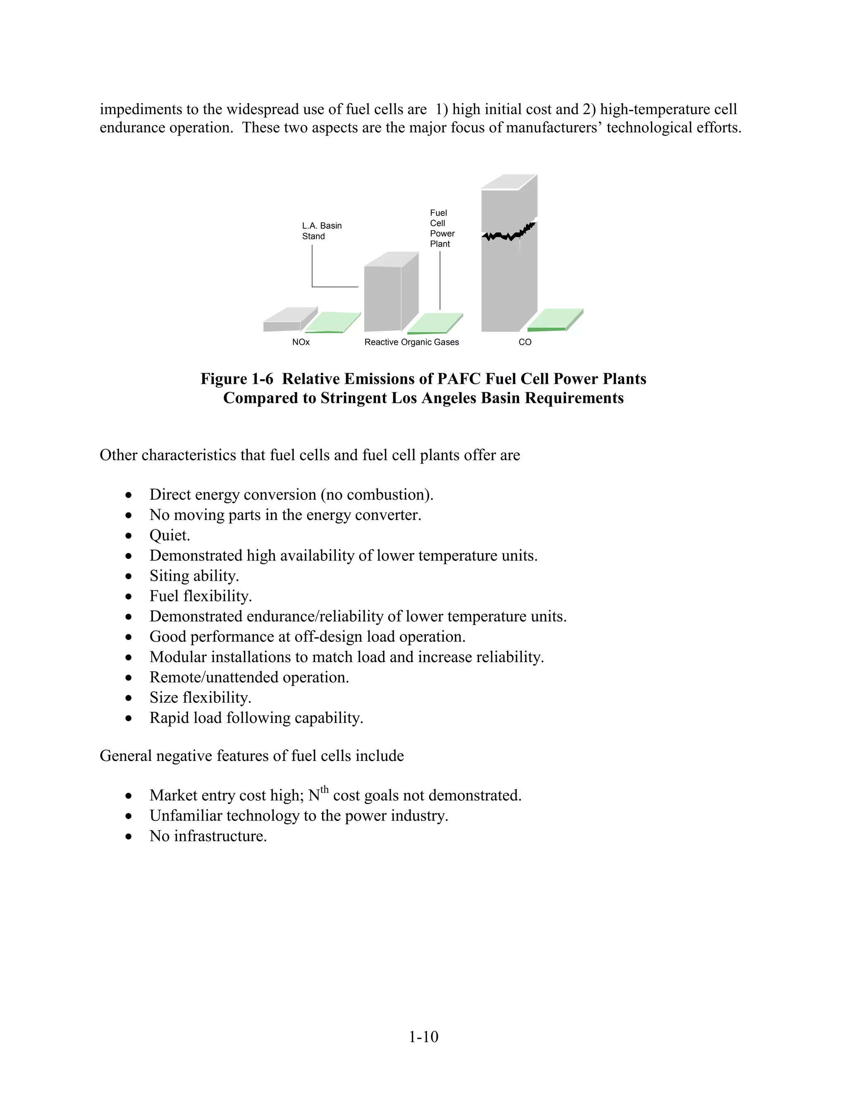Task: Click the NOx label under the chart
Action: (301, 342)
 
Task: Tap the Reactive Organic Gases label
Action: (412, 342)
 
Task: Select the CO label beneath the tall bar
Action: (525, 342)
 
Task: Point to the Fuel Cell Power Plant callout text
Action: (442, 228)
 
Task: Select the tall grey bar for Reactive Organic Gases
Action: (383, 299)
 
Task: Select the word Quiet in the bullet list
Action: (169, 536)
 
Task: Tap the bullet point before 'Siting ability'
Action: (129, 576)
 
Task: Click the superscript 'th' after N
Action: (324, 790)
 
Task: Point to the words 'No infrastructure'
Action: (208, 836)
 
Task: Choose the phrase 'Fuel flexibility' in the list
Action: (200, 596)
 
